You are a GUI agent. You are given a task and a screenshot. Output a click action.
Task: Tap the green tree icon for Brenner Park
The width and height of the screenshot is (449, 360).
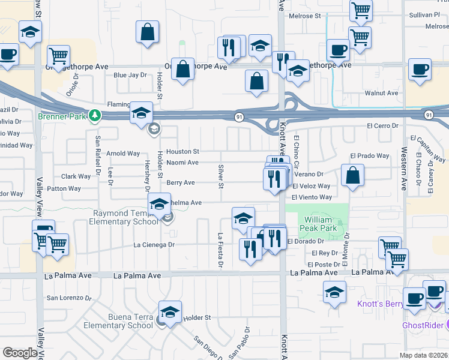(x=94, y=115)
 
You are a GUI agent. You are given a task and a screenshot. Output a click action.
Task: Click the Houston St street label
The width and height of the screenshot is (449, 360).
(x=182, y=152)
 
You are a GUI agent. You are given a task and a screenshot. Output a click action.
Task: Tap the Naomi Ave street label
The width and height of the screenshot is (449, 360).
(x=182, y=162)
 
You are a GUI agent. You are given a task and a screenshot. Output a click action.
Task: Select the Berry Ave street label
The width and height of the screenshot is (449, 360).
(x=181, y=182)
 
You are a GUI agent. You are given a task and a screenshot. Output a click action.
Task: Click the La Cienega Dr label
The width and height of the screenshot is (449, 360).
(x=154, y=245)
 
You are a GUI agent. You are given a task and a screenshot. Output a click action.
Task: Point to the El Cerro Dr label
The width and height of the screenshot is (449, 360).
(x=383, y=126)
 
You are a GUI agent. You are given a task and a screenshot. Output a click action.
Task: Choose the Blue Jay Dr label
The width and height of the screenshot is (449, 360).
(x=130, y=75)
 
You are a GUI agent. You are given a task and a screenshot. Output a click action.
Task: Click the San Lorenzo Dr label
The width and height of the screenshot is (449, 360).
(x=70, y=298)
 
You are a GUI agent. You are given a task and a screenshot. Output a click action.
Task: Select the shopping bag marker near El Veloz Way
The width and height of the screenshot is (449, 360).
(x=354, y=176)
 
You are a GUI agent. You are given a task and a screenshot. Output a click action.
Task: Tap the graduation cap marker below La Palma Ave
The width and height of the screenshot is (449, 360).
(x=335, y=293)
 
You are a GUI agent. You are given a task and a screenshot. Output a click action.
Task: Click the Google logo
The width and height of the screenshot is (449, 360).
(x=20, y=353)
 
